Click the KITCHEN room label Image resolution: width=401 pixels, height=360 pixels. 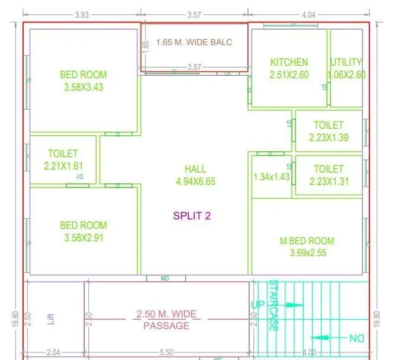[x=289, y=62]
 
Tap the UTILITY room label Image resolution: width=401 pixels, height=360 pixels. [x=346, y=62]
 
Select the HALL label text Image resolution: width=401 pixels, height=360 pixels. [x=195, y=169]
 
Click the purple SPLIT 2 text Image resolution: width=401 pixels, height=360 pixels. [x=192, y=216]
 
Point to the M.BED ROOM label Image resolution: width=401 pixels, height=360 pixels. [x=307, y=241]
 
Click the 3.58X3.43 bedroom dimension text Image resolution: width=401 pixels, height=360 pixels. [x=84, y=87]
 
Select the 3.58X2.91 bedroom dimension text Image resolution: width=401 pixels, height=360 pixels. [x=84, y=238]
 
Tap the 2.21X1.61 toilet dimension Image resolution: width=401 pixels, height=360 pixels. [x=63, y=166]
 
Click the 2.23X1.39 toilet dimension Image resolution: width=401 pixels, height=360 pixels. [x=329, y=138]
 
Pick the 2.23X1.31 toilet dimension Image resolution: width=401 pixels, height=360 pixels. [x=329, y=181]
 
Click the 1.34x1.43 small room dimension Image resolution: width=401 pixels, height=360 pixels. [x=271, y=177]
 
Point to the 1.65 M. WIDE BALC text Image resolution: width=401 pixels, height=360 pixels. [x=194, y=42]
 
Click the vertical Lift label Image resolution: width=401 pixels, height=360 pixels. [x=50, y=320]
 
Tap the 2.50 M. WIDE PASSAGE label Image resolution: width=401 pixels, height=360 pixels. [x=166, y=320]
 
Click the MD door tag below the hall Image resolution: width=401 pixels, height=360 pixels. [x=165, y=278]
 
